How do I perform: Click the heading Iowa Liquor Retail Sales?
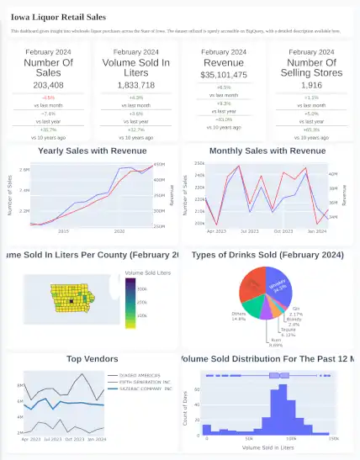tap(58, 16)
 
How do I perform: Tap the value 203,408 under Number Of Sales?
tap(48, 85)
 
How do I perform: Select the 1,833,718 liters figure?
tap(136, 85)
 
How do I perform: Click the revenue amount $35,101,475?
tap(223, 75)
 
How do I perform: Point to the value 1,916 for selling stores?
tap(311, 85)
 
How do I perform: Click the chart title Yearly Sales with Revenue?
tap(91, 151)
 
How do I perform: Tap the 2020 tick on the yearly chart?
tap(119, 230)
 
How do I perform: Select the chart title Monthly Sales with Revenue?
tap(267, 151)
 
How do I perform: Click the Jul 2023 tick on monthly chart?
tap(249, 230)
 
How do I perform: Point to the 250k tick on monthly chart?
tap(199, 164)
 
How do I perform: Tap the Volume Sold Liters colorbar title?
tap(147, 274)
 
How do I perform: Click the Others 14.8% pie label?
tap(238, 317)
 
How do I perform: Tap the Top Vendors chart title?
tap(93, 359)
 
